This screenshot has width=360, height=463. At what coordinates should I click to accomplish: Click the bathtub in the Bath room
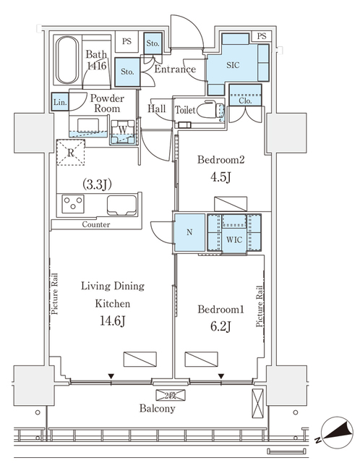pos(67,61)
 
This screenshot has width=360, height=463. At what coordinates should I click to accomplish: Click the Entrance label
pos(176,69)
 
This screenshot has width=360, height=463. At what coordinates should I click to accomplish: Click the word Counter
pos(95,225)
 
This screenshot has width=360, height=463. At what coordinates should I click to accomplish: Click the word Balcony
pos(158,408)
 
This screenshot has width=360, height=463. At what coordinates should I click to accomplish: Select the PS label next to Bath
pos(127,42)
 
